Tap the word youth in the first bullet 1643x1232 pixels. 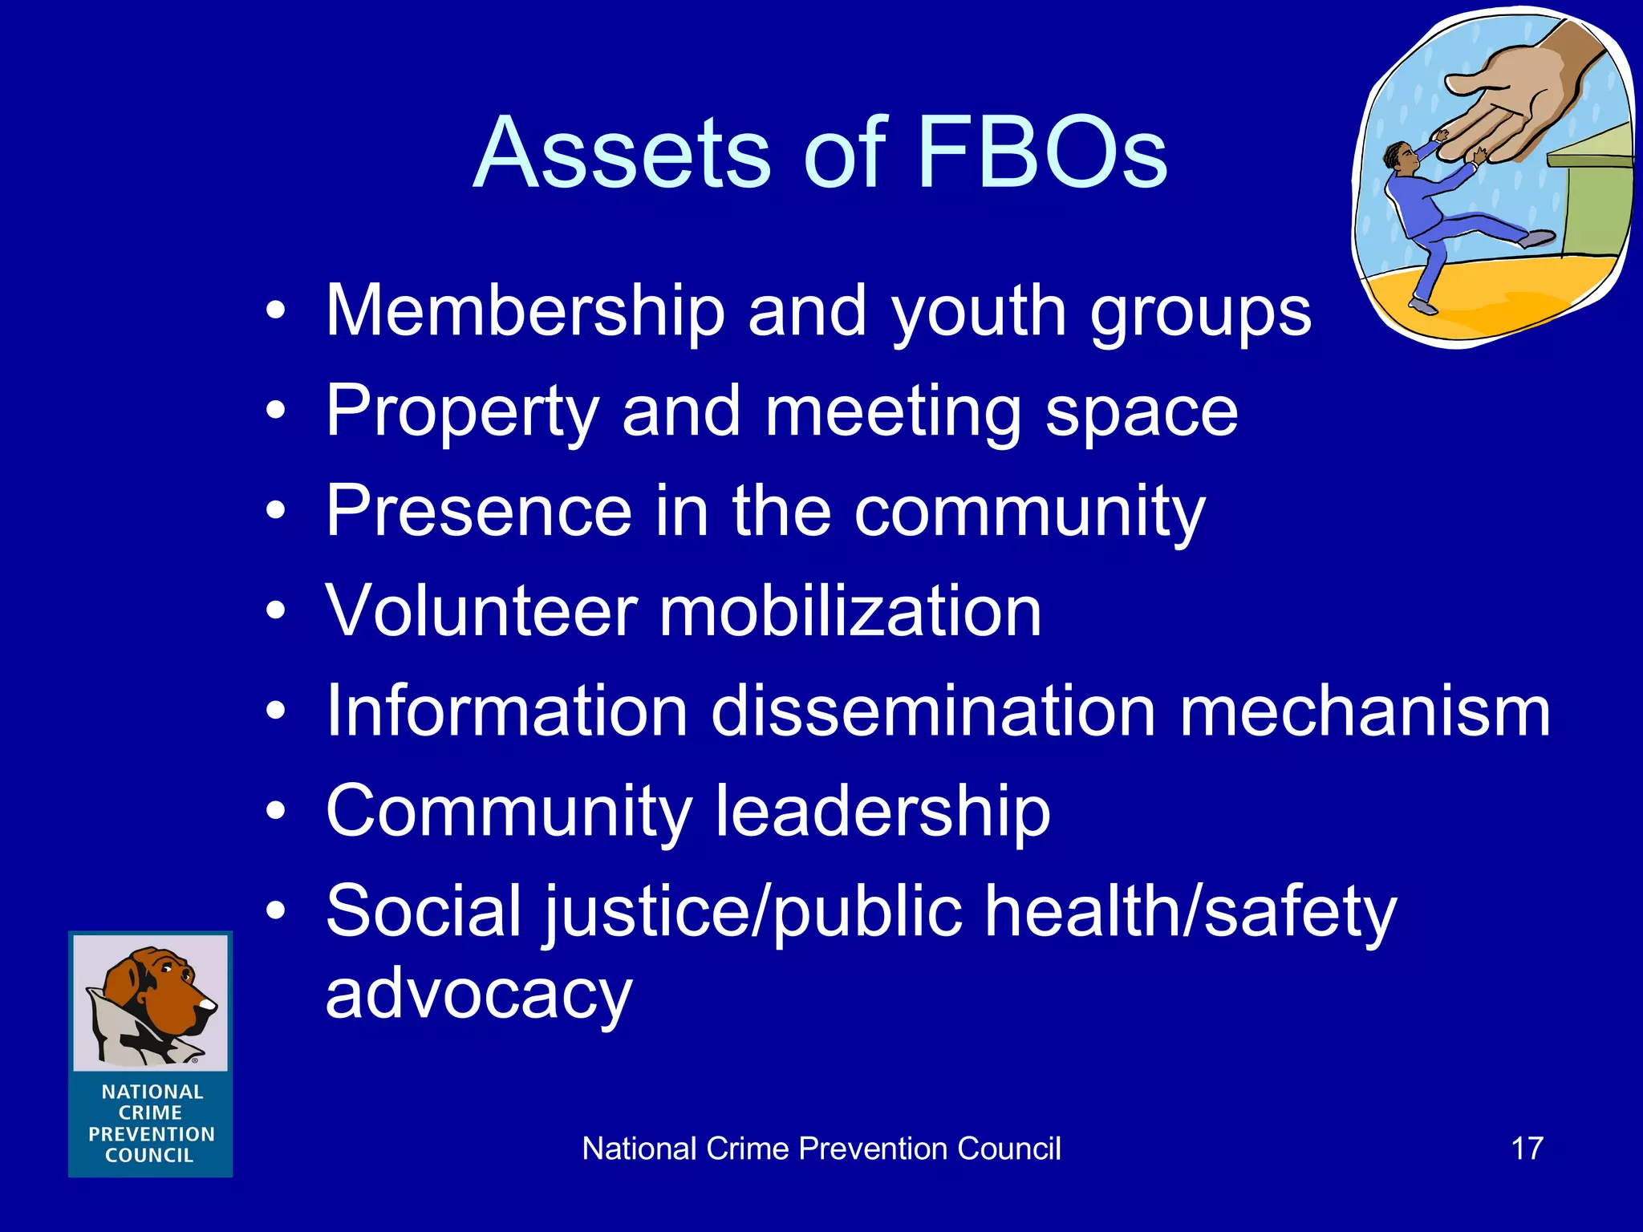980,313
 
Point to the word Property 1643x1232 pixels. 462,412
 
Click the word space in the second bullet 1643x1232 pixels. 1142,414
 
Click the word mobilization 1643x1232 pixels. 850,611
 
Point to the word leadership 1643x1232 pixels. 882,812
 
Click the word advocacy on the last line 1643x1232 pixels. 479,995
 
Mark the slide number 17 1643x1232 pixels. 1527,1149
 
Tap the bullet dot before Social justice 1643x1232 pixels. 276,913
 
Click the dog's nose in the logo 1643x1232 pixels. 209,1003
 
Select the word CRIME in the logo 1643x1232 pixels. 151,1113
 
